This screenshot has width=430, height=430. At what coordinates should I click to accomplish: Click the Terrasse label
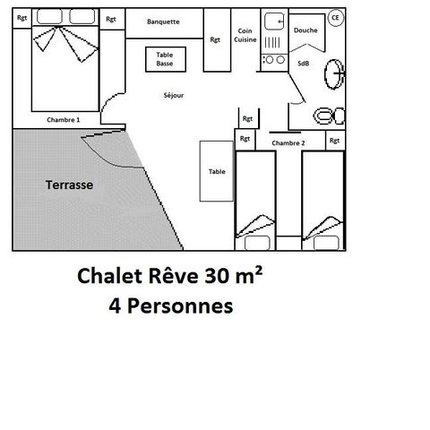(69, 185)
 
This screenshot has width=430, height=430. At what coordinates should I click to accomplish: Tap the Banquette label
(163, 21)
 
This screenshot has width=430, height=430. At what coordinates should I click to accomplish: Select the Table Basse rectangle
(166, 59)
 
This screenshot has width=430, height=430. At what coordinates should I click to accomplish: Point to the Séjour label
(174, 95)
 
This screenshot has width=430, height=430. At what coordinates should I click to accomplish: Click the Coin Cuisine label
(245, 35)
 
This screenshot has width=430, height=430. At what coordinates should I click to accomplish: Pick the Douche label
(305, 30)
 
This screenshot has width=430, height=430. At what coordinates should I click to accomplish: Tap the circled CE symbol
(336, 18)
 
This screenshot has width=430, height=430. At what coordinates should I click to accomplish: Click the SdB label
(304, 64)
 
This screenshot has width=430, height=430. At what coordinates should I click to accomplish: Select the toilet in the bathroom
(329, 116)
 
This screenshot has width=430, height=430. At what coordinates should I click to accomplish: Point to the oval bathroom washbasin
(334, 74)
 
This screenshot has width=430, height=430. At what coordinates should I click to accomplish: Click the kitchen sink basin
(274, 21)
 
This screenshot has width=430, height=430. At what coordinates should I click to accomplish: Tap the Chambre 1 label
(64, 120)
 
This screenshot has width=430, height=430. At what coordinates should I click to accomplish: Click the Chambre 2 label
(288, 143)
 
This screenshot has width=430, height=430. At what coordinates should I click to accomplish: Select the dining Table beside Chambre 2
(217, 171)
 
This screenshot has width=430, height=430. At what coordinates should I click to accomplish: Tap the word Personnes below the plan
(180, 306)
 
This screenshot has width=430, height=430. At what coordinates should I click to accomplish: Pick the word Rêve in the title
(173, 275)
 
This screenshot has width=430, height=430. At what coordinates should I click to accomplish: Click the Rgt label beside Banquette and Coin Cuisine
(215, 39)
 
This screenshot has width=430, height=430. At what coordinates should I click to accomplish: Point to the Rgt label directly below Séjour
(247, 118)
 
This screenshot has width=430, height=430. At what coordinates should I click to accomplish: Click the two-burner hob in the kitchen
(275, 60)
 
